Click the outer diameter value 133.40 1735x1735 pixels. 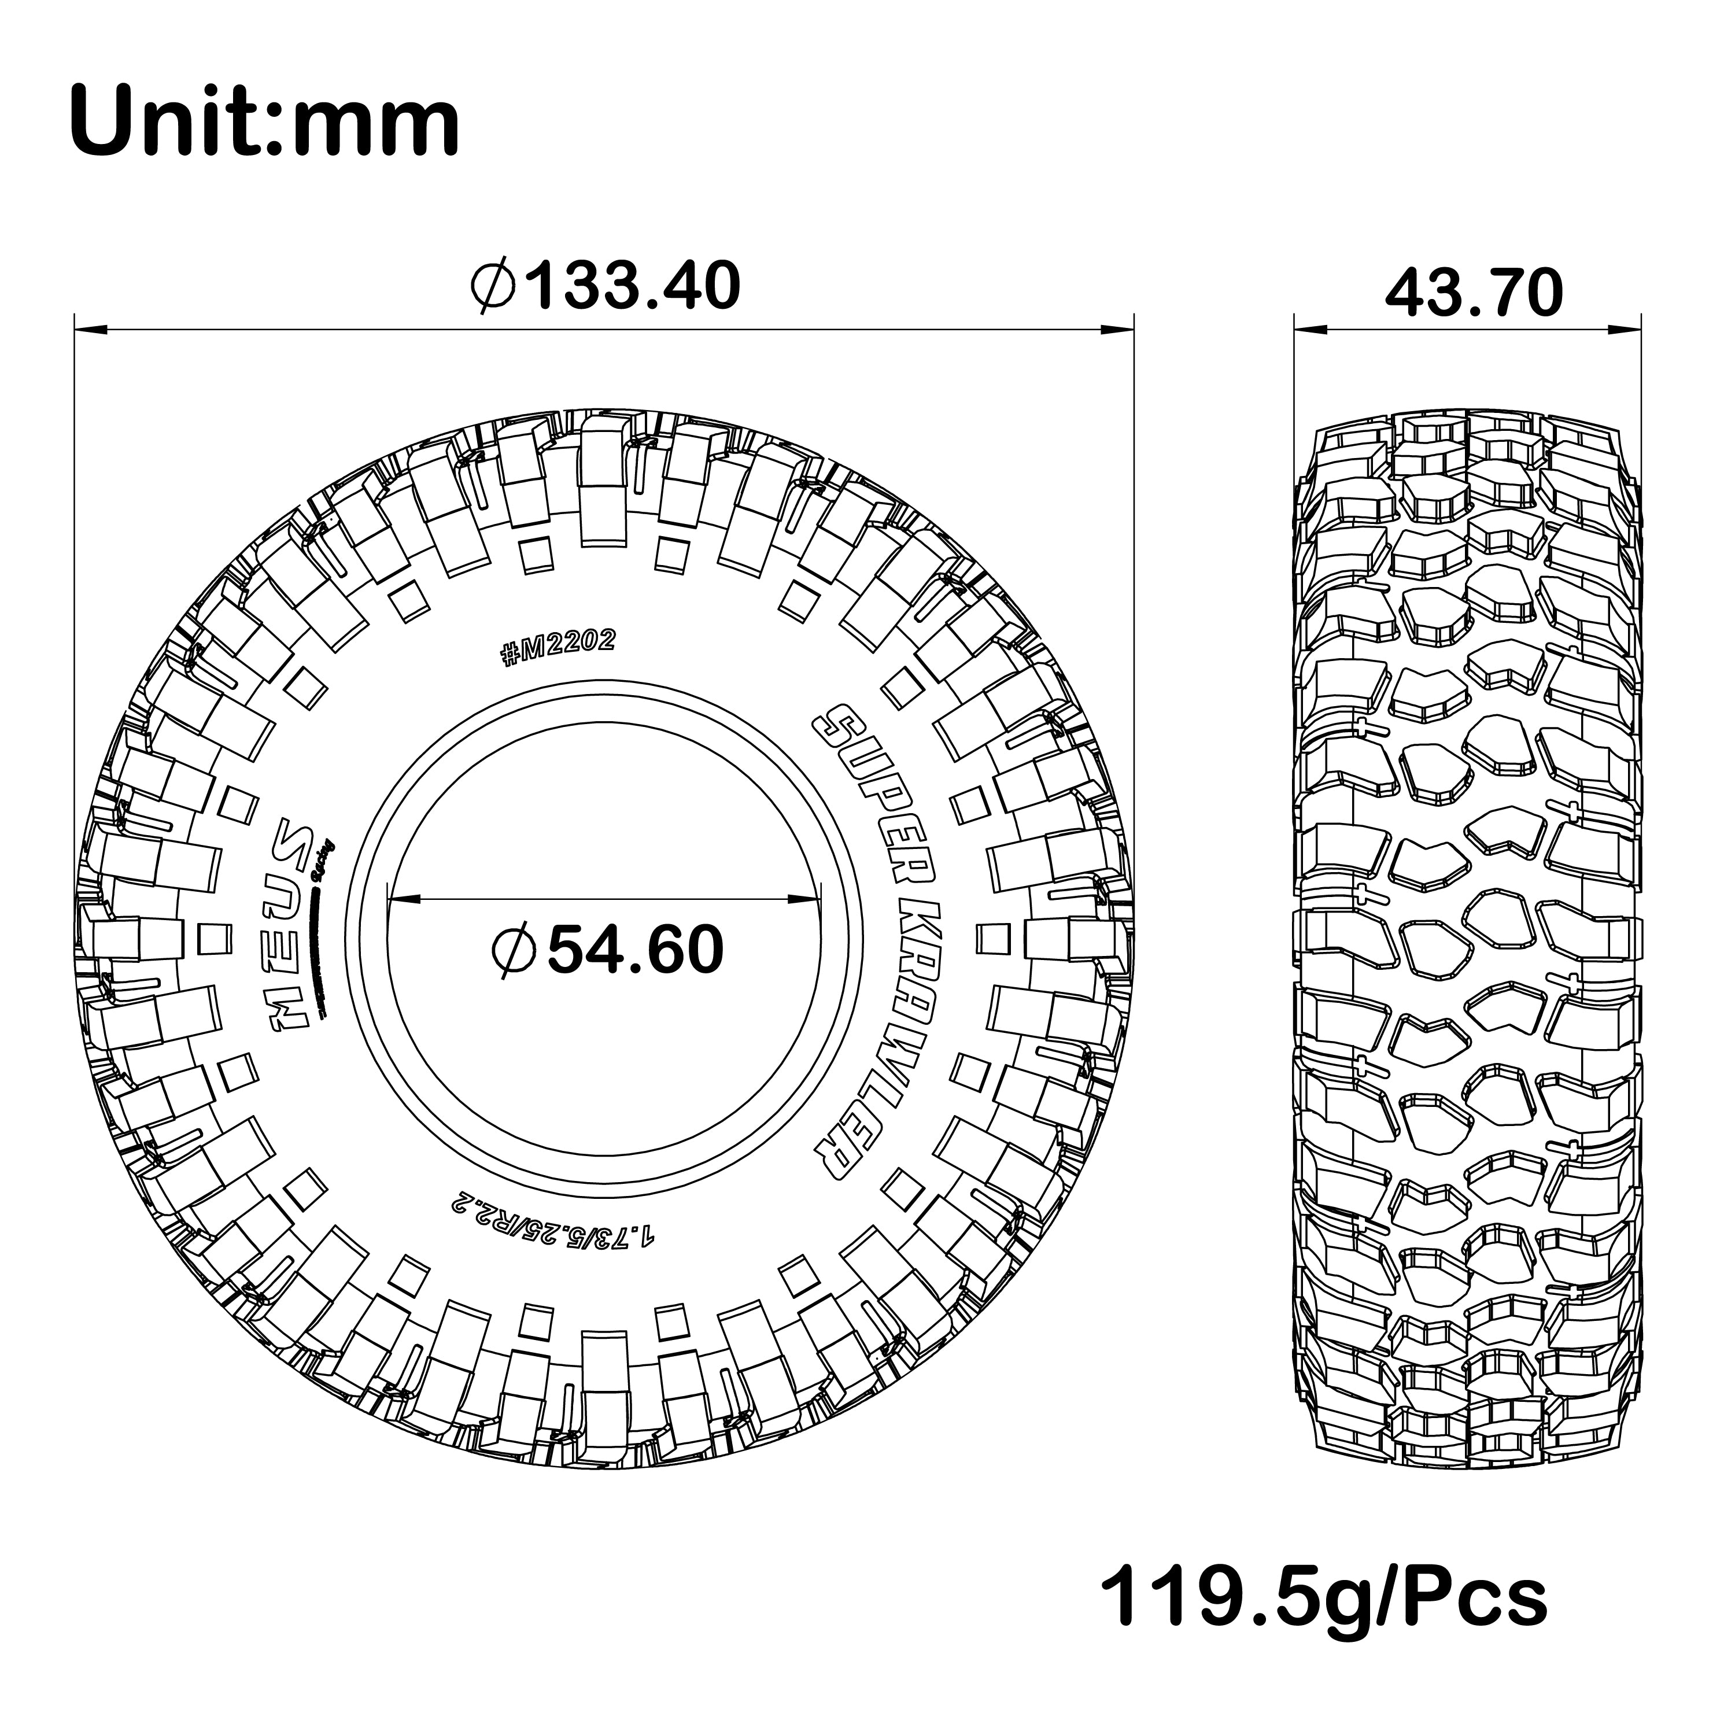633,286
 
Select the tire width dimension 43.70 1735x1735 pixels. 1474,294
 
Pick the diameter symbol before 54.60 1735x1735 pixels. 515,950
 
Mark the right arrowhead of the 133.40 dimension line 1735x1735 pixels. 1118,330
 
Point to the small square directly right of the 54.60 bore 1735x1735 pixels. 991,937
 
